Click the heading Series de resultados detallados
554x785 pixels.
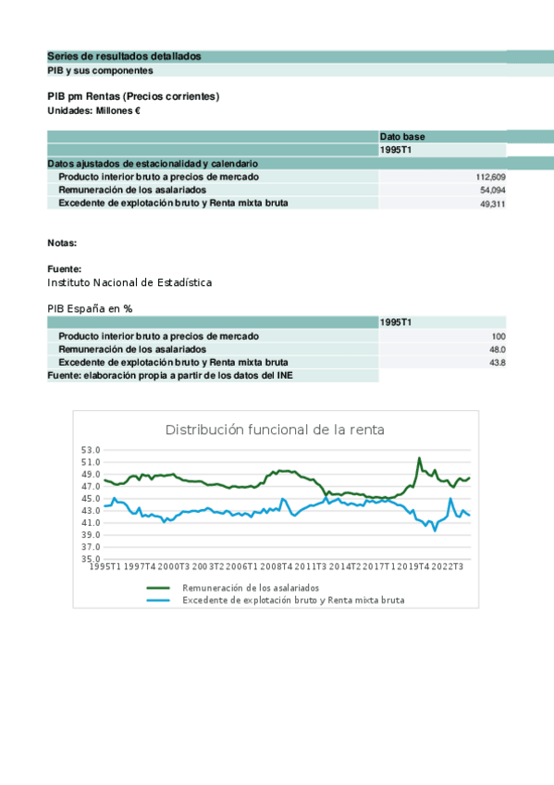pos(124,56)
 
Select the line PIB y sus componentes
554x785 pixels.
pos(100,70)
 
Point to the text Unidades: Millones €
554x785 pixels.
pos(93,111)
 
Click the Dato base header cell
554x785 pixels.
pos(402,137)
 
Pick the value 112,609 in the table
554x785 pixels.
pos(490,177)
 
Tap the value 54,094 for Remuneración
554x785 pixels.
pos(493,190)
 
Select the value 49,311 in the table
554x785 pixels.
pos(493,204)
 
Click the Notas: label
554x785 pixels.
pos(62,243)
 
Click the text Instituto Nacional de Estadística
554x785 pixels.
pos(129,282)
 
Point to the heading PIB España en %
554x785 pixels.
pos(90,308)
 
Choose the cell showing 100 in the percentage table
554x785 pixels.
pos(499,336)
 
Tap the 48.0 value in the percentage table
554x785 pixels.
pos(498,350)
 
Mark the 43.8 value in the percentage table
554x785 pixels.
pos(498,363)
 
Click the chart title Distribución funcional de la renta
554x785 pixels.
pos(275,430)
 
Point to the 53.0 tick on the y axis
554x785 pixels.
pos(91,450)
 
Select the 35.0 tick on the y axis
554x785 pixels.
pos(91,559)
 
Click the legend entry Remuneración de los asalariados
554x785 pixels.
pos(251,588)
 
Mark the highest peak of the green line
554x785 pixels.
pos(419,457)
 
